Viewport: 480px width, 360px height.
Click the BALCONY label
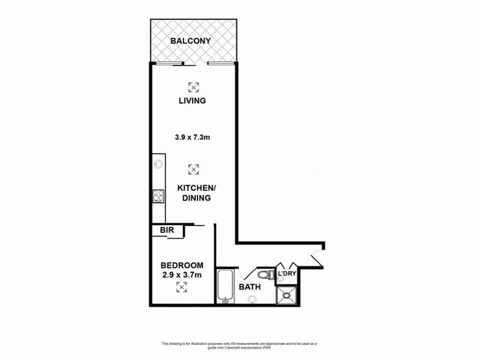190,41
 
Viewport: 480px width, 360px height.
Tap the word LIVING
192,101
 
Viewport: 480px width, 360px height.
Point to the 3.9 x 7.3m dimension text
192,137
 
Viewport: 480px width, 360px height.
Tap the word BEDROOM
182,265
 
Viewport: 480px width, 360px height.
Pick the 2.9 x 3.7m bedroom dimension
182,275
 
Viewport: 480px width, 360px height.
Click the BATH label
250,287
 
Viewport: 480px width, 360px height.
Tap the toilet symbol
266,275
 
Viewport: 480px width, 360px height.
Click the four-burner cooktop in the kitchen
158,195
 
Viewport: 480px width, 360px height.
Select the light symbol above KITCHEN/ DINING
193,170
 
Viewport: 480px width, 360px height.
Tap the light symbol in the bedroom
182,287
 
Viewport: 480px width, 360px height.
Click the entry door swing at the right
317,256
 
